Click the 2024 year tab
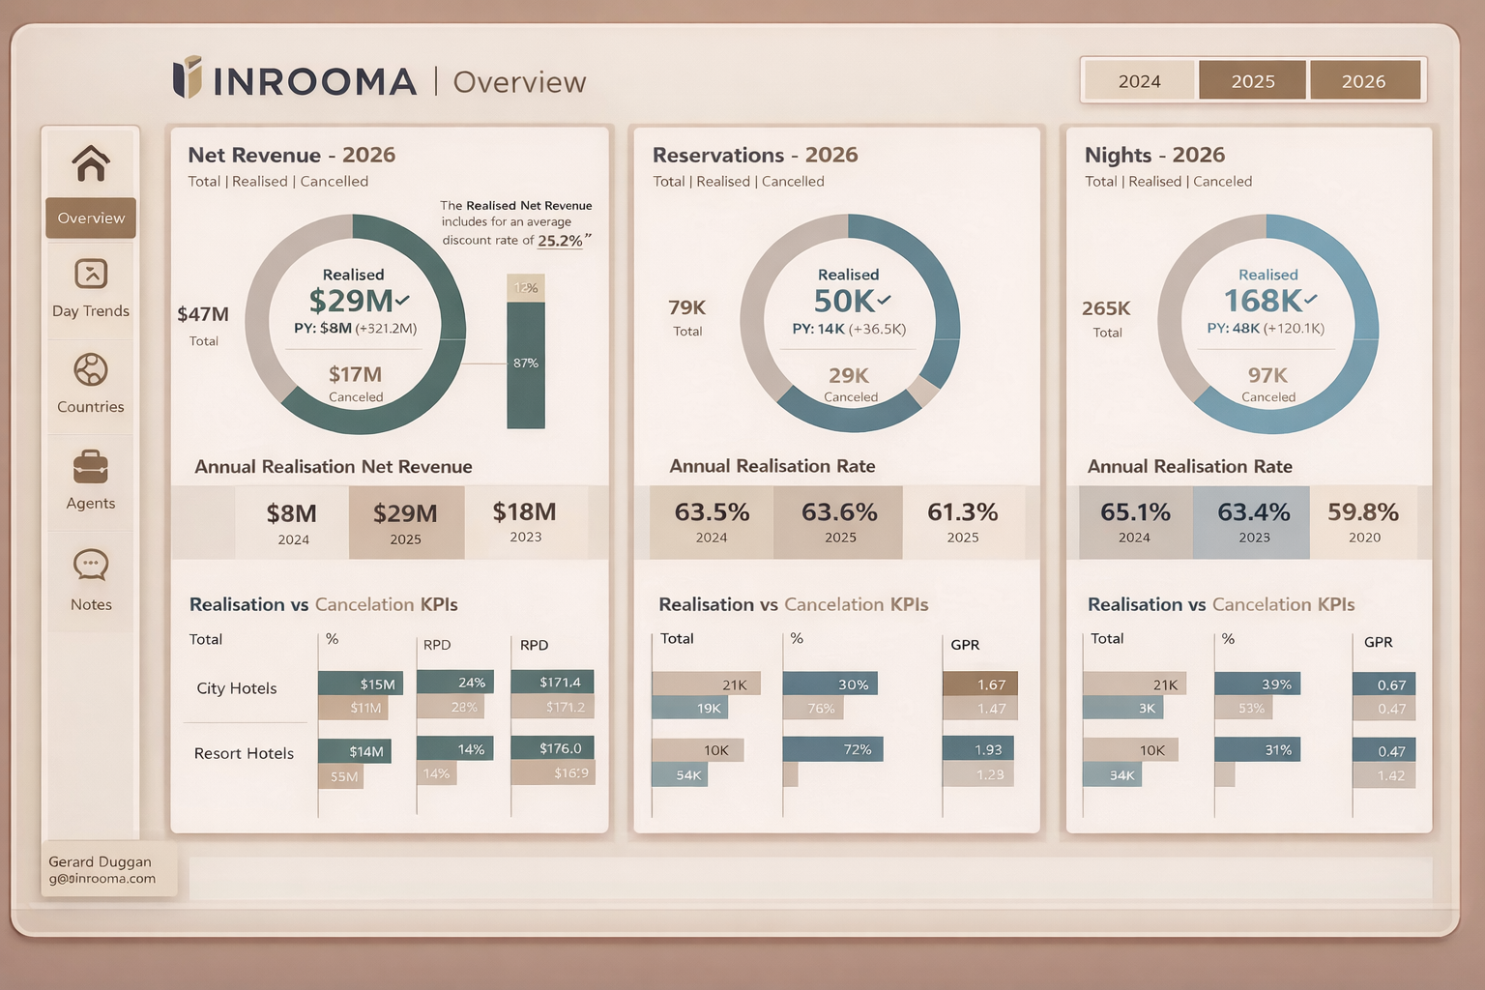pyautogui.click(x=1139, y=81)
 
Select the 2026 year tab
pyautogui.click(x=1364, y=81)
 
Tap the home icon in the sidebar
pyautogui.click(x=91, y=163)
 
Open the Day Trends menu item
pyautogui.click(x=91, y=289)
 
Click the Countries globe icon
pyautogui.click(x=91, y=370)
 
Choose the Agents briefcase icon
pyautogui.click(x=91, y=467)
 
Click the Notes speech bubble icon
pyautogui.click(x=91, y=565)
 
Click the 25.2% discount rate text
pyautogui.click(x=560, y=241)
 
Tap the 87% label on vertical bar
pyautogui.click(x=526, y=364)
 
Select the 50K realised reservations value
pyautogui.click(x=845, y=301)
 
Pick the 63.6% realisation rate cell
pyautogui.click(x=838, y=522)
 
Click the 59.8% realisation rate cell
pyautogui.click(x=1363, y=522)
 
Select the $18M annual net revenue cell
pyautogui.click(x=525, y=522)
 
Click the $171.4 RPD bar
pyautogui.click(x=552, y=682)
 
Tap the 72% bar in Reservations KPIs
pyautogui.click(x=832, y=749)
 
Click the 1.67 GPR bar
pyautogui.click(x=980, y=684)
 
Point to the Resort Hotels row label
pyautogui.click(x=244, y=753)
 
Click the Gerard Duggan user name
pyautogui.click(x=100, y=861)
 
